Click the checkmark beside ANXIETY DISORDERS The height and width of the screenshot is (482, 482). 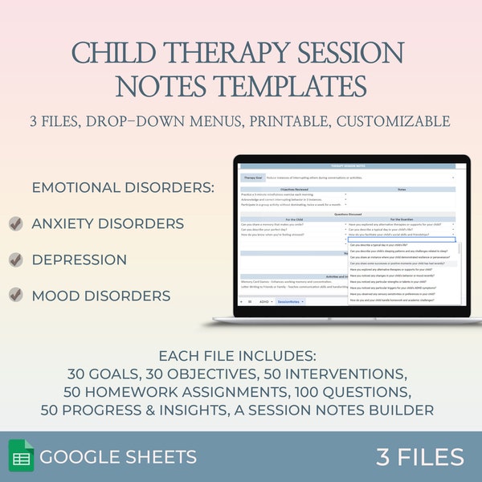point(15,224)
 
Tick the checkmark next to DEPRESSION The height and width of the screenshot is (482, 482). point(15,260)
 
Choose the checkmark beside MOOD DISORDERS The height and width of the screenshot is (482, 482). point(15,296)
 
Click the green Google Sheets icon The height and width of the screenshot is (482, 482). point(21,457)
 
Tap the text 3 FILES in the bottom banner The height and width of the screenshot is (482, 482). point(419,457)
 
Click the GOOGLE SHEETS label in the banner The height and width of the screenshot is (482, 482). point(118,458)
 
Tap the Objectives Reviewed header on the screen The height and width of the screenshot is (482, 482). point(293,189)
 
